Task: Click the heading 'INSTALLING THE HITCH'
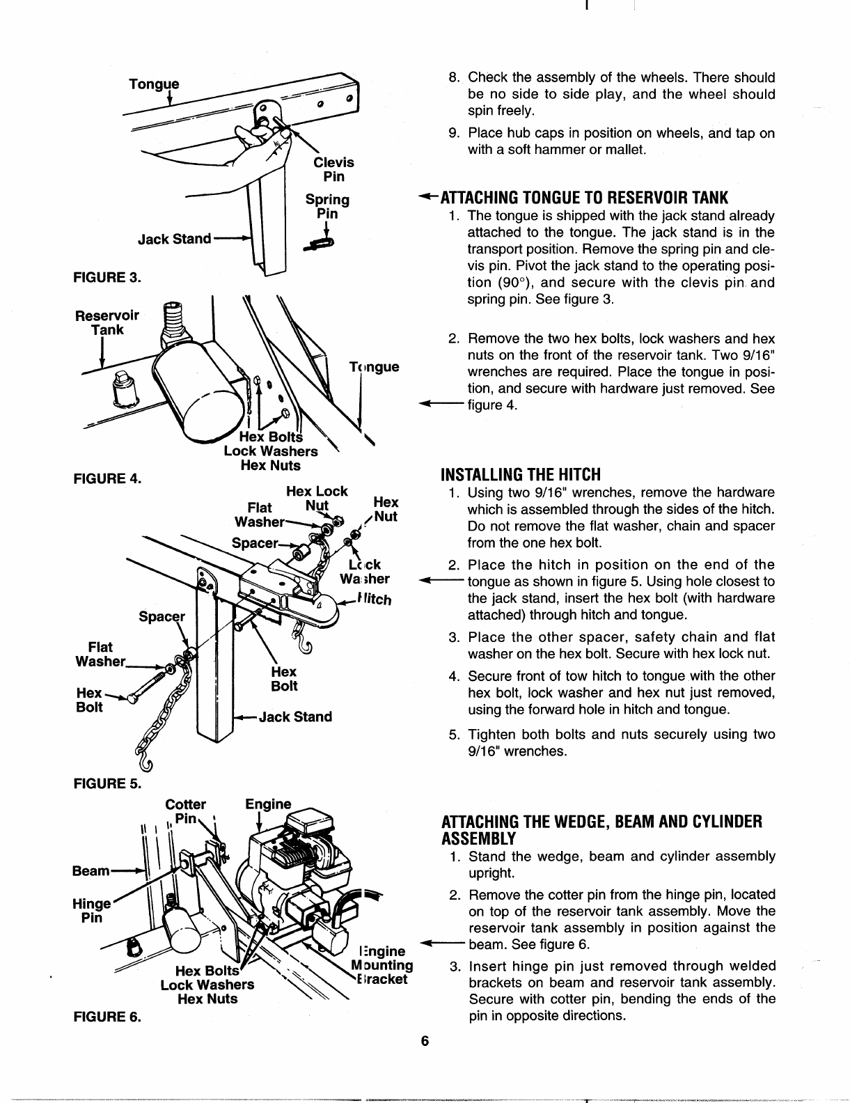tap(520, 475)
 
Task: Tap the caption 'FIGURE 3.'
tap(107, 277)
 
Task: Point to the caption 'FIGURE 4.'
tap(107, 478)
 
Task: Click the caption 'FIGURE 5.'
tap(107, 783)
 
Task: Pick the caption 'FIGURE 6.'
tap(107, 1016)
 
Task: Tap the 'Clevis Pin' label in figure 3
tap(333, 169)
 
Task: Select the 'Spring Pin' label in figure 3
tap(327, 207)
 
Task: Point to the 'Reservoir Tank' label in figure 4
tap(107, 322)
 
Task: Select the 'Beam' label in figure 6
tap(91, 870)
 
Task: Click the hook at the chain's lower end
tap(145, 765)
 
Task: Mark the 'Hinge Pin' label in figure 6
tap(91, 911)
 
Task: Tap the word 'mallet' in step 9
tap(627, 150)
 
